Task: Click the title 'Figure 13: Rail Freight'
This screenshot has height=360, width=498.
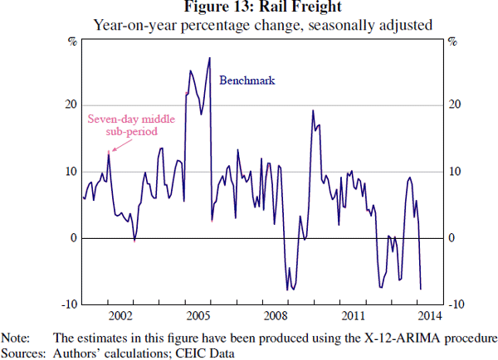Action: pos(249,7)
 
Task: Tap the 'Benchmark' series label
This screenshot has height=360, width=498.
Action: pos(247,80)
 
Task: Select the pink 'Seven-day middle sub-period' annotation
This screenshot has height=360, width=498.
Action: pos(120,124)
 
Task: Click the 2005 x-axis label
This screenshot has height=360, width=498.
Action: pos(198,316)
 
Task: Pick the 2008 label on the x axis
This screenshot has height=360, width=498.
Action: pos(276,316)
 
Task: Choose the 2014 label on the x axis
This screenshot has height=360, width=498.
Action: pos(429,316)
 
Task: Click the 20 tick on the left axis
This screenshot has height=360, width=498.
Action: pos(70,105)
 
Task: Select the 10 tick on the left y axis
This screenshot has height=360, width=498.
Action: pos(70,172)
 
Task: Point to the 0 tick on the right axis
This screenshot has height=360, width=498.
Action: pos(451,238)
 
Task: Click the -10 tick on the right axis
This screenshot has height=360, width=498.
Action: pos(454,305)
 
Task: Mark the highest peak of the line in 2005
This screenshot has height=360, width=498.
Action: pos(209,58)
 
